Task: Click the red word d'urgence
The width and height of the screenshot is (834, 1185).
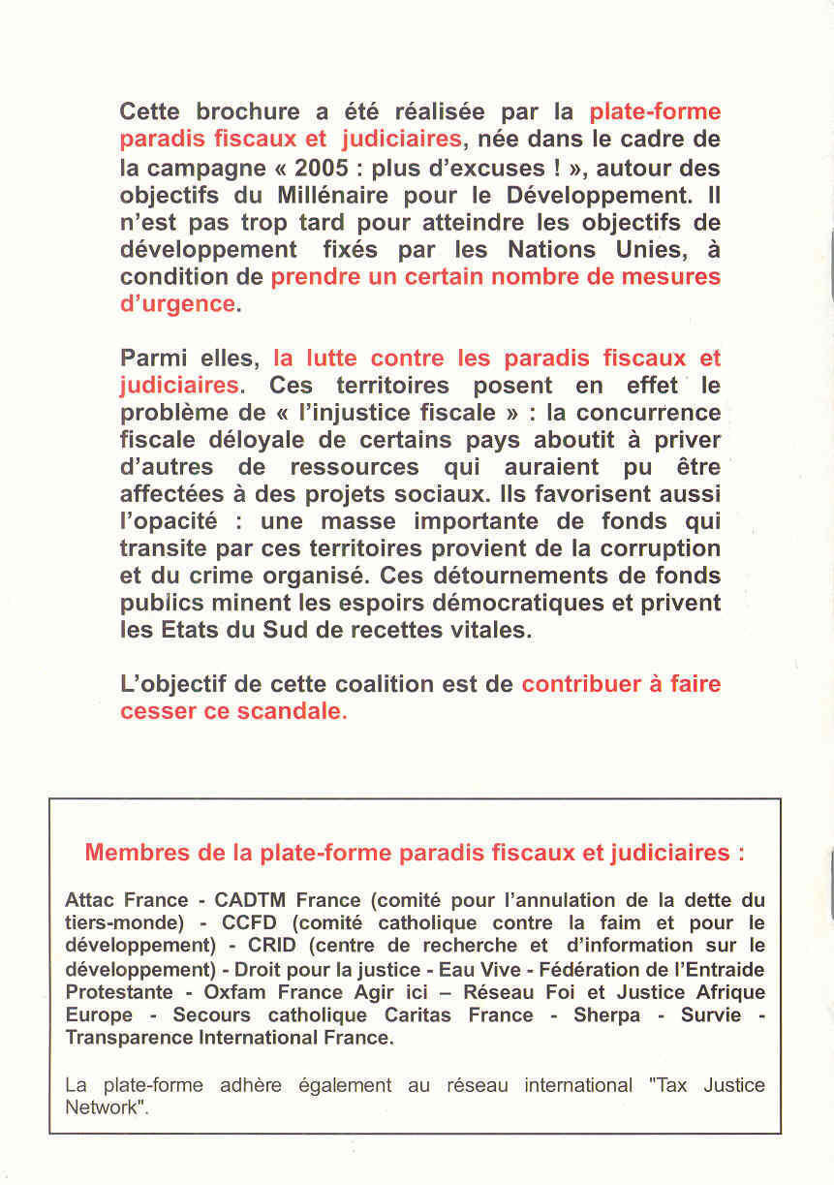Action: (177, 303)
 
